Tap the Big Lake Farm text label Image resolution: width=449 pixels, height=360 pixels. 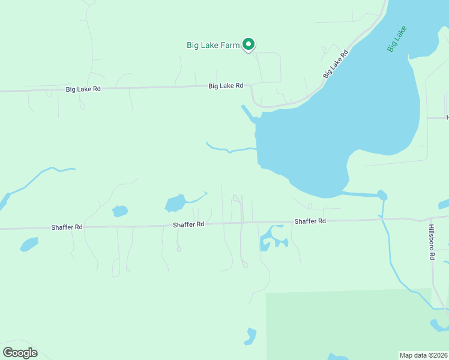coord(212,44)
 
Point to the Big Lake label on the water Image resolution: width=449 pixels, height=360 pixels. coord(397,39)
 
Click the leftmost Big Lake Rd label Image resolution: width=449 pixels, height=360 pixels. coord(83,89)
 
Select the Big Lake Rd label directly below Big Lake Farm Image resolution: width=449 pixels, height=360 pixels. coord(226,86)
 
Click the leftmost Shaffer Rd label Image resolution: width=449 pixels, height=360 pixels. coord(67,227)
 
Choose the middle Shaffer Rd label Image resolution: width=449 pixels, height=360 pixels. coord(188,224)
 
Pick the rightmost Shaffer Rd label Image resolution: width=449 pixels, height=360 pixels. coord(310,221)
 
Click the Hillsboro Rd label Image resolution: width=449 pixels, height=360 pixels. coord(432,242)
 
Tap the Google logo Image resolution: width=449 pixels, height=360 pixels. coord(20,353)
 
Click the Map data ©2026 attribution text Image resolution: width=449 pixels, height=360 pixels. coord(423,355)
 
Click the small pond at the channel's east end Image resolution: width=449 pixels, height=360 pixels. coord(382,194)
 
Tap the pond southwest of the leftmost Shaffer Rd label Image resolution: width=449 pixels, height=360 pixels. coord(29,244)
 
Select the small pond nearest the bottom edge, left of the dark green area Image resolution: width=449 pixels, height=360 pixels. coord(250,336)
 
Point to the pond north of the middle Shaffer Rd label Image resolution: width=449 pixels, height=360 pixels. coord(175,203)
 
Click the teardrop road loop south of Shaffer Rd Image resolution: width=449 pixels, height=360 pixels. coord(244,263)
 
